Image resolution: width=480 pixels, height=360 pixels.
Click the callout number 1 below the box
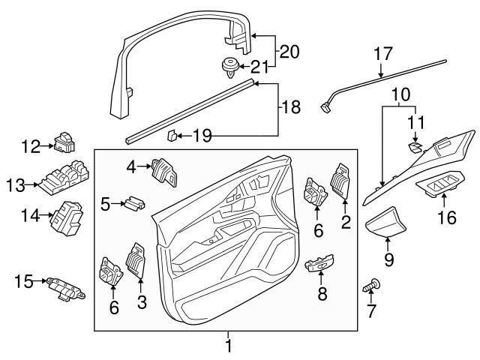[229, 346]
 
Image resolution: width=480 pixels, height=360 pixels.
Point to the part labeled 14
[64, 217]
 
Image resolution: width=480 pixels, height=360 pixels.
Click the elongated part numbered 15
[65, 287]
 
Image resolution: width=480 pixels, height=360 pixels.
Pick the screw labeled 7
[372, 285]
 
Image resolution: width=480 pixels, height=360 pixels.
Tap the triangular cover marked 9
[388, 223]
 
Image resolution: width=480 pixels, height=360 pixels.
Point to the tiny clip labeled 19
[171, 135]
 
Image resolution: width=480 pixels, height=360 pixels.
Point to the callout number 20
[289, 52]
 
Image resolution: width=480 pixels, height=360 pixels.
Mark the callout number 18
[289, 108]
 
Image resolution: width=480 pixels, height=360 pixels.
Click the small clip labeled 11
[415, 148]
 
